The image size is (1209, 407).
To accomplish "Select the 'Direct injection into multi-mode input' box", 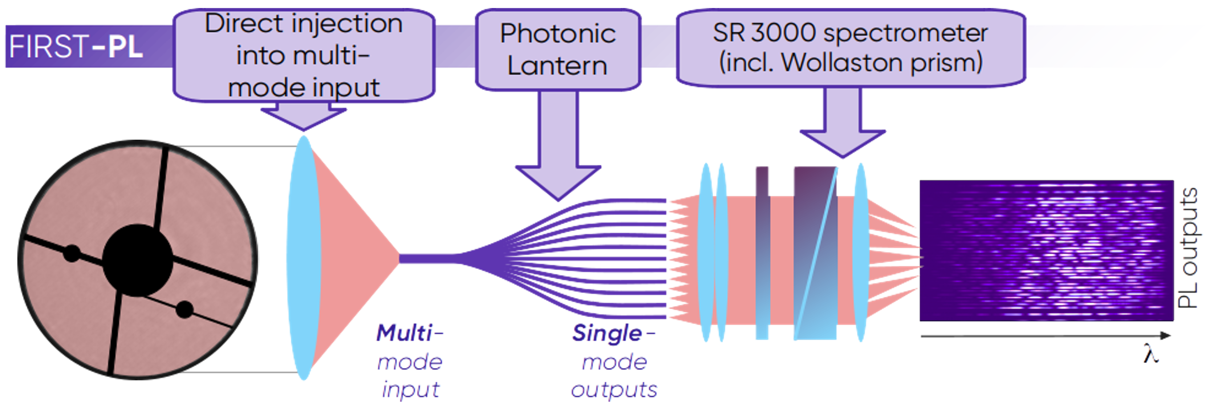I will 304,55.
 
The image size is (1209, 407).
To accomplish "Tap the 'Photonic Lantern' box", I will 558,49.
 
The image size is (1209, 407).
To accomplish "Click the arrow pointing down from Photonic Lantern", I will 558,155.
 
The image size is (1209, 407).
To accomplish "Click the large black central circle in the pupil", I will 138,260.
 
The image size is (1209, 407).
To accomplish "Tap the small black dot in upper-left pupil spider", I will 72,253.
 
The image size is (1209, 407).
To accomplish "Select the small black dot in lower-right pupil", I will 184,310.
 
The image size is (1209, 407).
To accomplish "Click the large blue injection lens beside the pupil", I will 304,258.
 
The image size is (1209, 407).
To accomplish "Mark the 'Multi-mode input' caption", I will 410,362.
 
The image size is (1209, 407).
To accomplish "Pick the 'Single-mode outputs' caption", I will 614,362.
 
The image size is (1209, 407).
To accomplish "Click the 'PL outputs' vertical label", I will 1188,249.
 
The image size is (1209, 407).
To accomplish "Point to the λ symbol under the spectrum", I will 1151,354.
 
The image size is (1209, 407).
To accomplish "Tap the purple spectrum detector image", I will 1046,251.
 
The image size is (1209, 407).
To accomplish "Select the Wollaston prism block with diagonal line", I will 815,253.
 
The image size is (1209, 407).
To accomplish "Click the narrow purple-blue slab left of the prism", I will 763,253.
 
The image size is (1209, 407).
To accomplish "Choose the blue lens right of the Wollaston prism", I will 860,253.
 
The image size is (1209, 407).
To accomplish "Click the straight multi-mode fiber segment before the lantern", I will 427,258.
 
